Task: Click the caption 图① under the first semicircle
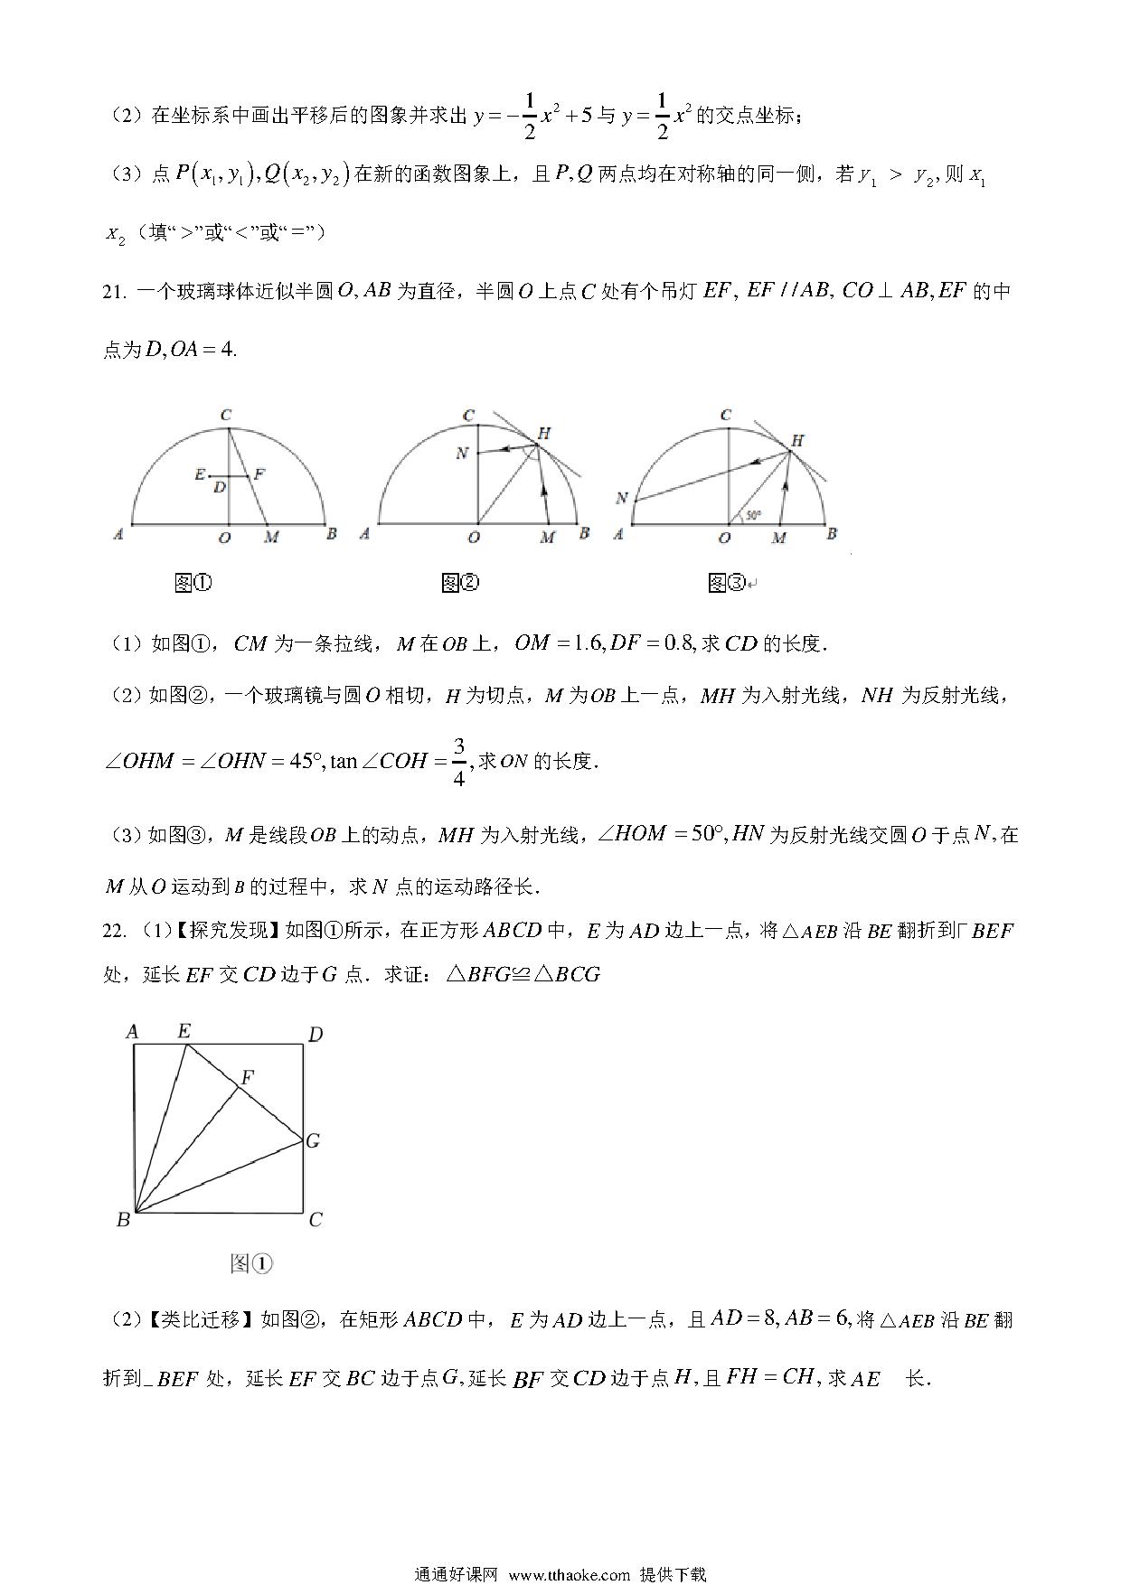pos(193,583)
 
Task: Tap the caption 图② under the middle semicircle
pos(459,583)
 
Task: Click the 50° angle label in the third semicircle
pos(752,515)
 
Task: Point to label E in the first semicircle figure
pos(200,474)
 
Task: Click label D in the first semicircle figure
pos(220,488)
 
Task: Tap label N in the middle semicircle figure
pos(462,453)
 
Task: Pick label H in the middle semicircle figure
pos(543,433)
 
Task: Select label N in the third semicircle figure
pos(621,498)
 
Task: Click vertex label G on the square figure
pos(313,1140)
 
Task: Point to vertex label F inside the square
pos(247,1076)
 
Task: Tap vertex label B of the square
pos(124,1220)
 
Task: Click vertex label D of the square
pos(316,1034)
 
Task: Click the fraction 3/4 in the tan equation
pos(458,761)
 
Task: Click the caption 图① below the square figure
pos(251,1263)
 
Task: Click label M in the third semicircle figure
pos(779,538)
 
